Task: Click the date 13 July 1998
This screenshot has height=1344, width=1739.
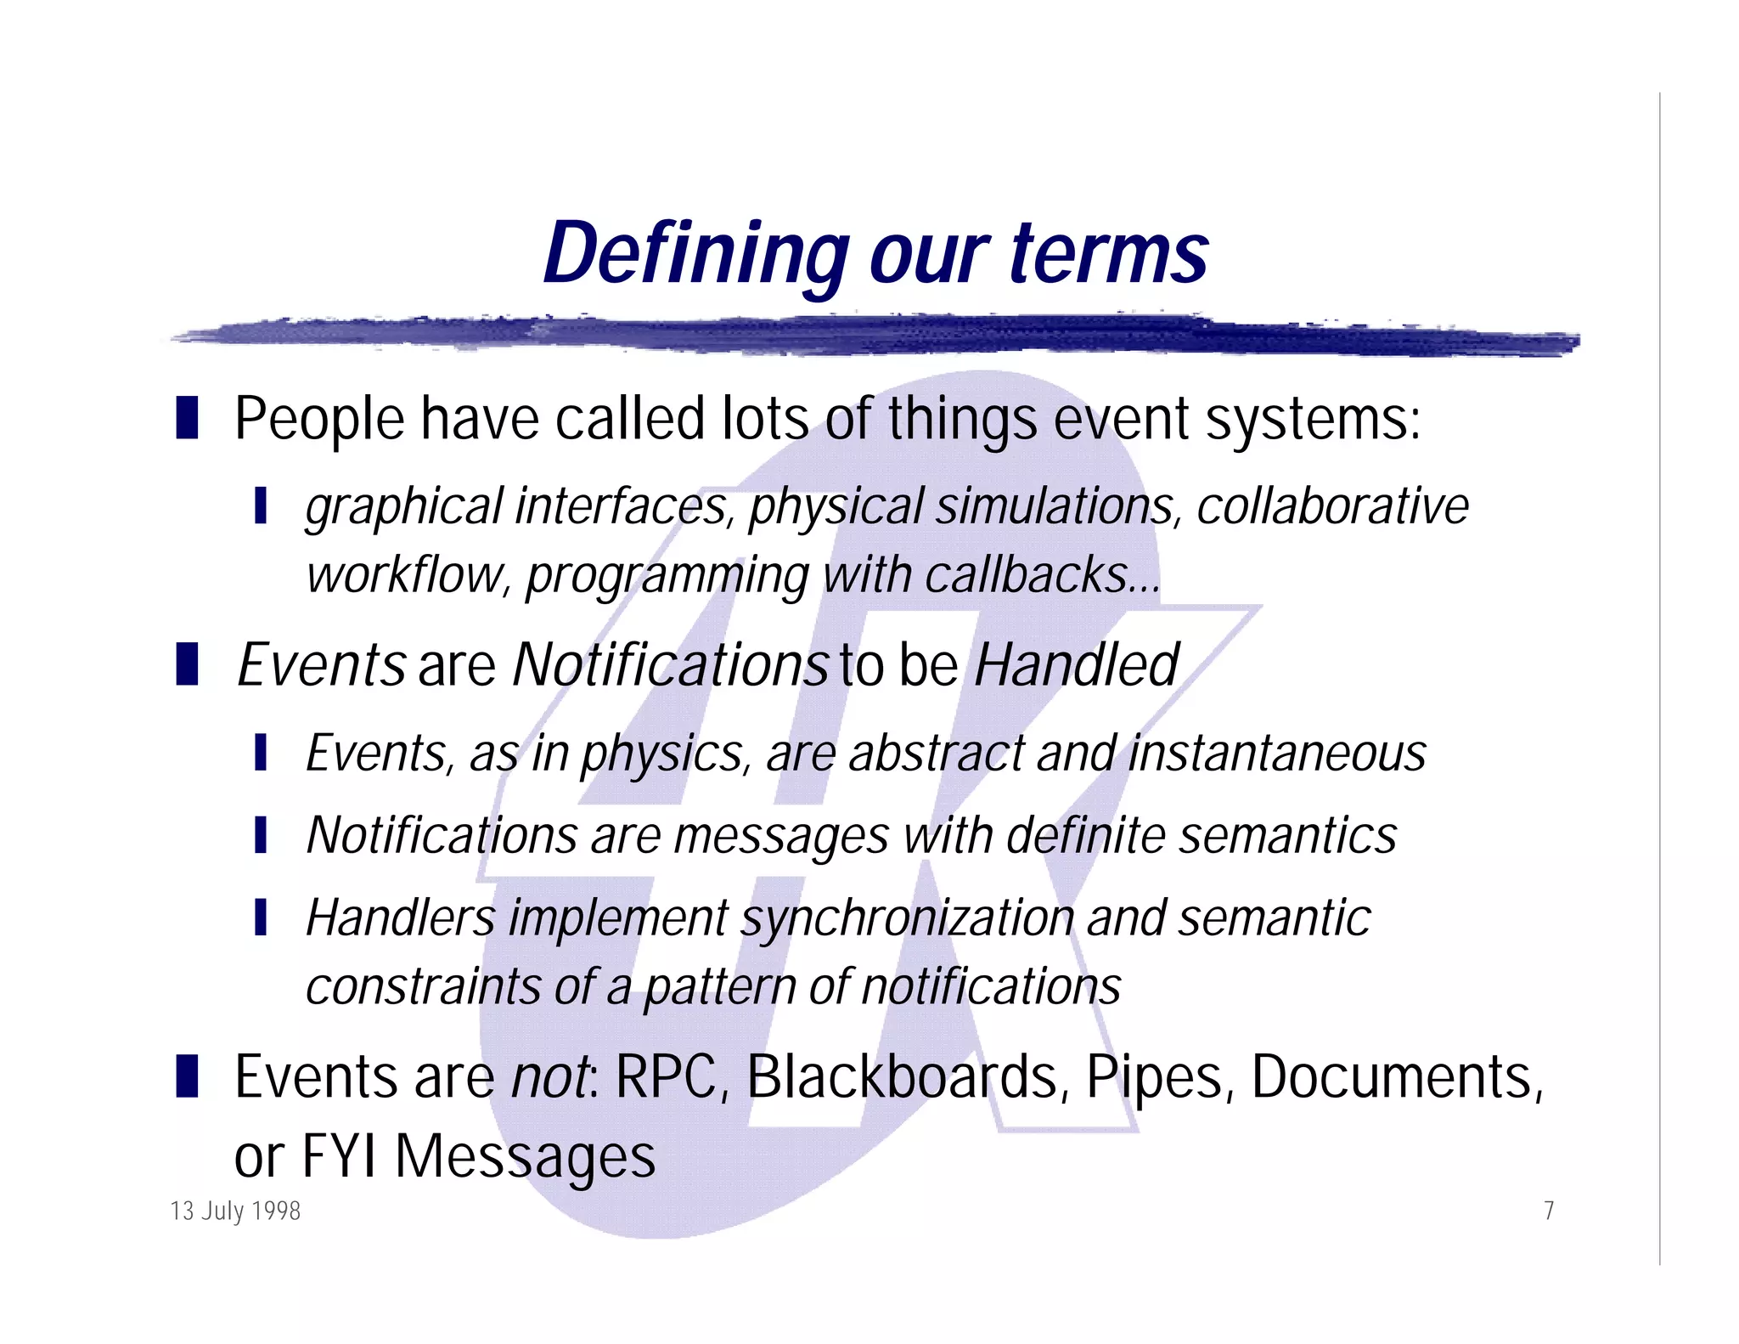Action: (235, 1211)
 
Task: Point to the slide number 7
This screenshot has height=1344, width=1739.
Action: (1549, 1211)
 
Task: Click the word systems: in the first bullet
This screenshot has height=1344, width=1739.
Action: (1313, 419)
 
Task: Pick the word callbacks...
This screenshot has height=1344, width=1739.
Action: (1041, 575)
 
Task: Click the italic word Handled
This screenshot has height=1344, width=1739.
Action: (1077, 664)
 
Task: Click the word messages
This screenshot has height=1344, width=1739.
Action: (781, 835)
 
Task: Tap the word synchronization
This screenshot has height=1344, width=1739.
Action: (907, 918)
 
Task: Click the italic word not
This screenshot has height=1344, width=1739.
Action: (550, 1077)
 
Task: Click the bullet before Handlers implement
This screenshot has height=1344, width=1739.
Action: (261, 918)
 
